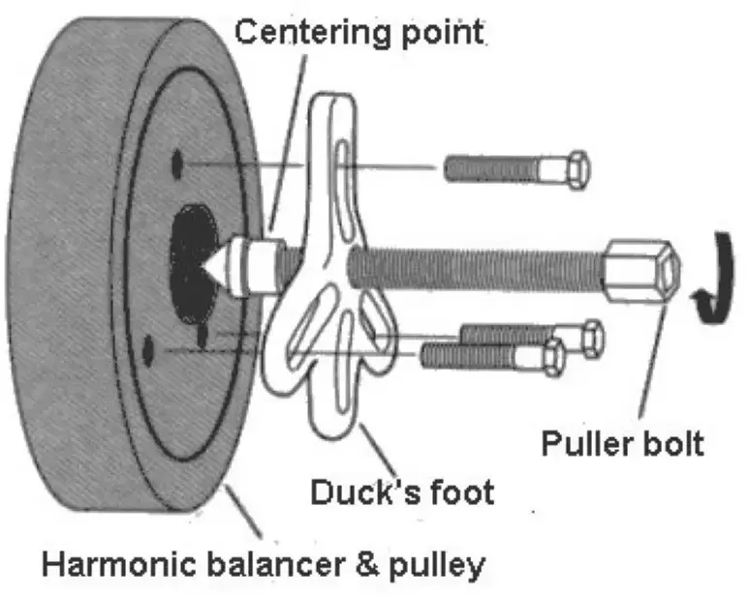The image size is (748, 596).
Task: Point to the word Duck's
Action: (x=366, y=492)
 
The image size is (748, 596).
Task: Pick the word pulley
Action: (x=437, y=566)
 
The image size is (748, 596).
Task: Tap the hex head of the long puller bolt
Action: (x=642, y=271)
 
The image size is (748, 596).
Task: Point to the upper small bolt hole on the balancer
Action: (x=177, y=164)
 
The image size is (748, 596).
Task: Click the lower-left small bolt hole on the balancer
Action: (x=148, y=351)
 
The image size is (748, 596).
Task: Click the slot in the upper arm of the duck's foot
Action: (x=343, y=177)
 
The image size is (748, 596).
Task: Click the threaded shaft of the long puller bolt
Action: (x=475, y=268)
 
